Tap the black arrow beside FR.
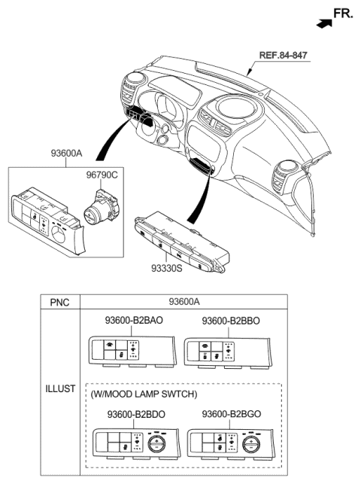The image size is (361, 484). pos(323,23)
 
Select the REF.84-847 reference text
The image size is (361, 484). pos(284,56)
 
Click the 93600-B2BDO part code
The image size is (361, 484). pos(136,415)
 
